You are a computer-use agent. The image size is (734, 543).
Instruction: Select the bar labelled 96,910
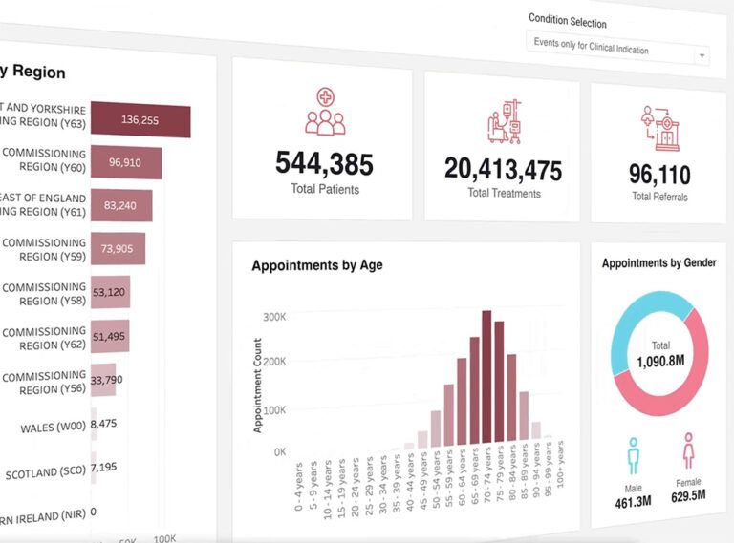(x=125, y=163)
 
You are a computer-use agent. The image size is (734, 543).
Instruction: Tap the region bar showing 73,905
(x=117, y=249)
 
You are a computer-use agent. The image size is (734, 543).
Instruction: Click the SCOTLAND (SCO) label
(x=44, y=473)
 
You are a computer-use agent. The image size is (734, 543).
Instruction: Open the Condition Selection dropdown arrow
(x=702, y=55)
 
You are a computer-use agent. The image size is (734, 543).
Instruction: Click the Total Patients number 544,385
(x=324, y=164)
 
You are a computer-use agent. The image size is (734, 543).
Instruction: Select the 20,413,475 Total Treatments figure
(x=503, y=169)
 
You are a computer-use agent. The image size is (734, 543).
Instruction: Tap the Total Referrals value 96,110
(x=658, y=175)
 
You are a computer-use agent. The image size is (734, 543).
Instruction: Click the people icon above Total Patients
(x=325, y=112)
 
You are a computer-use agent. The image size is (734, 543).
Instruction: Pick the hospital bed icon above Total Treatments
(x=503, y=121)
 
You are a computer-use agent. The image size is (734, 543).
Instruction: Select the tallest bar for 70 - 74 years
(x=486, y=377)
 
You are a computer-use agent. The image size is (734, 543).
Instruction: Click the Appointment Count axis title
(x=257, y=385)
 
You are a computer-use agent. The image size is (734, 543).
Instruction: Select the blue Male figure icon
(x=633, y=455)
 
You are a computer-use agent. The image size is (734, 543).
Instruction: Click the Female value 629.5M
(x=687, y=495)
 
